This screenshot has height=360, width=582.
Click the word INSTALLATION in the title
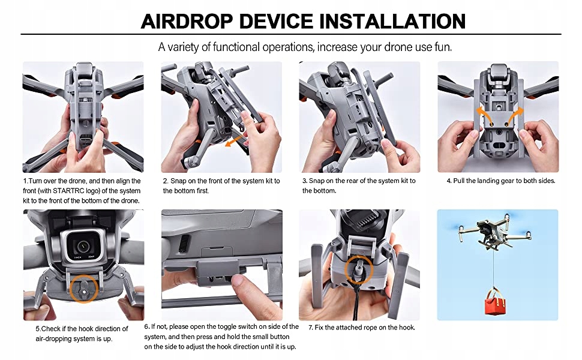coord(393,21)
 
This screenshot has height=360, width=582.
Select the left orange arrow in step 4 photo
coord(482,115)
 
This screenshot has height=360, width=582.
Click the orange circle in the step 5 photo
coord(84,289)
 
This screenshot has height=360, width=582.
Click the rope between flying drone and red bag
coord(494,266)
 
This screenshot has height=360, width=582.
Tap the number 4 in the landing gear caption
coord(449,181)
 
